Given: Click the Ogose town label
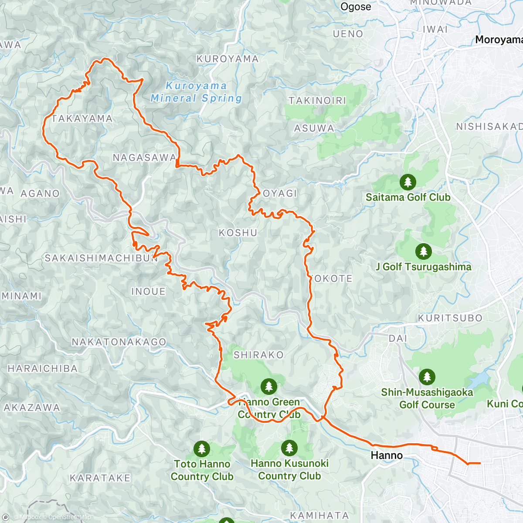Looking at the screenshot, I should click(356, 7).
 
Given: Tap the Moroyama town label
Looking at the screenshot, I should click(498, 40).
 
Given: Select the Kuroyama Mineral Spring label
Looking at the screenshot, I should click(196, 92).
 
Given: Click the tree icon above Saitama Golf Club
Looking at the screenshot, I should click(408, 182).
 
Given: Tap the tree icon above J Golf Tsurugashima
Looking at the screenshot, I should click(423, 251).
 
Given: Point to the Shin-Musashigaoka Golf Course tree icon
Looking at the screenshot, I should click(427, 377).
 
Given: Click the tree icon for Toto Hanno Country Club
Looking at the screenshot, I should click(202, 448).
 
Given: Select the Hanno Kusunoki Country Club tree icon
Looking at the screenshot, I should click(289, 448).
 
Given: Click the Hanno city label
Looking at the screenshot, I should click(387, 455).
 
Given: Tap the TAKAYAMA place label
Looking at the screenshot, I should click(82, 119).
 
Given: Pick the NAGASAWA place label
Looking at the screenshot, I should click(145, 157).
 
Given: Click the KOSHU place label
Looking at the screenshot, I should click(238, 233).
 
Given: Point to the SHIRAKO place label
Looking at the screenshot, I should click(258, 355).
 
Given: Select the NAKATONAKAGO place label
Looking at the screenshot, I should click(119, 342).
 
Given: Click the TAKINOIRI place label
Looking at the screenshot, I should click(317, 101).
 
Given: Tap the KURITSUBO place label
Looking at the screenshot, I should click(450, 318).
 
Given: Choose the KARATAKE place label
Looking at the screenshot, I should click(100, 478).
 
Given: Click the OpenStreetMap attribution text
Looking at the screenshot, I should click(70, 517).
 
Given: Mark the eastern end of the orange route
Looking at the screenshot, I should click(480, 463).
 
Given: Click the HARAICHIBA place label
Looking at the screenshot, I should click(43, 369).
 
